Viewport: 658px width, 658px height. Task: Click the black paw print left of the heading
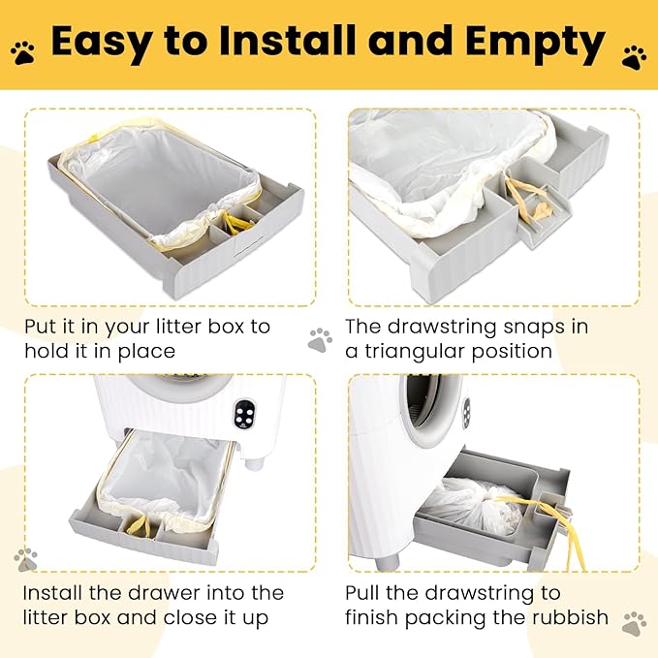coord(22,53)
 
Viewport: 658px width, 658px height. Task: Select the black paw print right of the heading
coord(634,58)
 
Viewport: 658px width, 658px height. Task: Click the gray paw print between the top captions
coord(320,340)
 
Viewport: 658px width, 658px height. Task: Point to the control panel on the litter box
coord(244,413)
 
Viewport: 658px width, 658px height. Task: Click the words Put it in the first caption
coord(50,327)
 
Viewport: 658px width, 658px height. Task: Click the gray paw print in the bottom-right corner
coord(635,624)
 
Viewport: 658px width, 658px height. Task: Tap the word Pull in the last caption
coord(362,593)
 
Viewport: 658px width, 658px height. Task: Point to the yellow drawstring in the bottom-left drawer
coord(139,524)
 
